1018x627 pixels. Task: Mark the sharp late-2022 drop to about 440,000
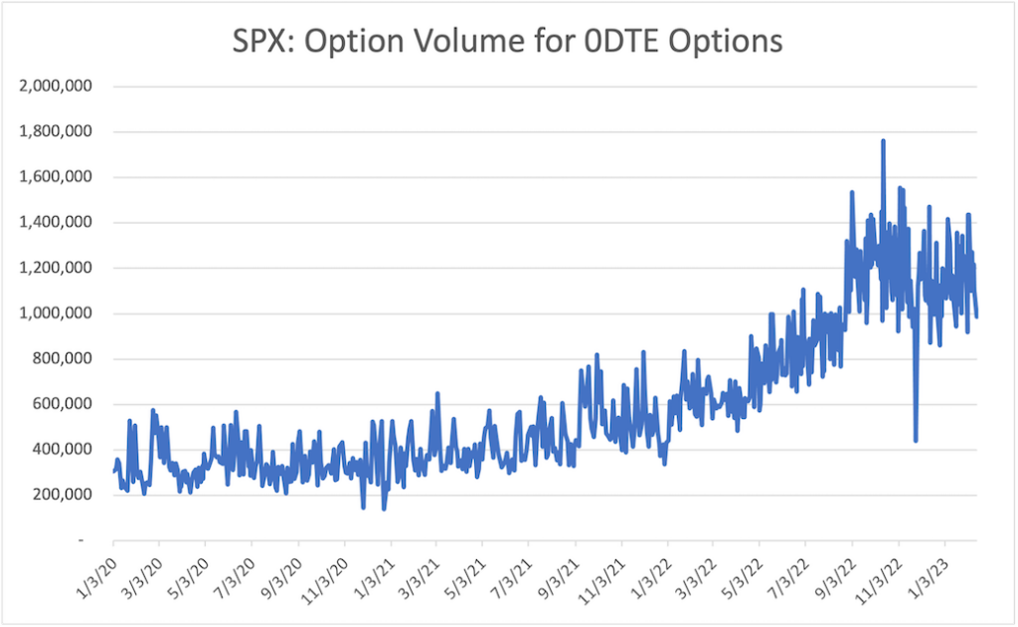(915, 439)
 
